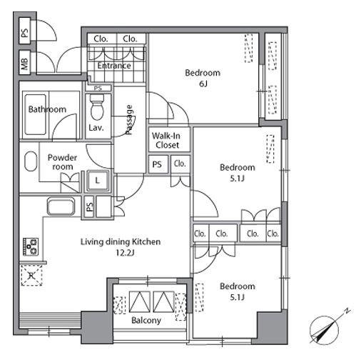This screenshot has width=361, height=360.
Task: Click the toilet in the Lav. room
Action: point(97,107)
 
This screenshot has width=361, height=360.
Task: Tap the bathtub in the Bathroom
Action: point(36,114)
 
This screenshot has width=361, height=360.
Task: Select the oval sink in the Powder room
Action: point(31,161)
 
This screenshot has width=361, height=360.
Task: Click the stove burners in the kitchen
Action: point(31,246)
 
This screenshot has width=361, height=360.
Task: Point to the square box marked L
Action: point(98,181)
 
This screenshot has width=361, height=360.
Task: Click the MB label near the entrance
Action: point(25,63)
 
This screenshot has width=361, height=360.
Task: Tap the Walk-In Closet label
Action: point(166,140)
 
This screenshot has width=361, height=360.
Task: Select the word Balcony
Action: point(146,321)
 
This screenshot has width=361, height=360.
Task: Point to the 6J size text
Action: point(203,84)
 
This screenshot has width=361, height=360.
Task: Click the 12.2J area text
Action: point(125,252)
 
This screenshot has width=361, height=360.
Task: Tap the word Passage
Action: point(129,120)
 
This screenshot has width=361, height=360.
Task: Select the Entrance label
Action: point(114,66)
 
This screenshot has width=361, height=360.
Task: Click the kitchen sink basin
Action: point(61,206)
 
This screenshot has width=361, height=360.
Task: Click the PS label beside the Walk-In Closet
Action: point(157,164)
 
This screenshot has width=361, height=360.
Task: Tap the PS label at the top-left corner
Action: point(25,33)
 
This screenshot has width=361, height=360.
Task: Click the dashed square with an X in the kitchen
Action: point(31,275)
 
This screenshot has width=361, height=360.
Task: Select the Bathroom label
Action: point(47,109)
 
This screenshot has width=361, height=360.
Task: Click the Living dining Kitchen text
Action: point(121,241)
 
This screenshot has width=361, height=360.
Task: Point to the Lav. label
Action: point(96,128)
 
